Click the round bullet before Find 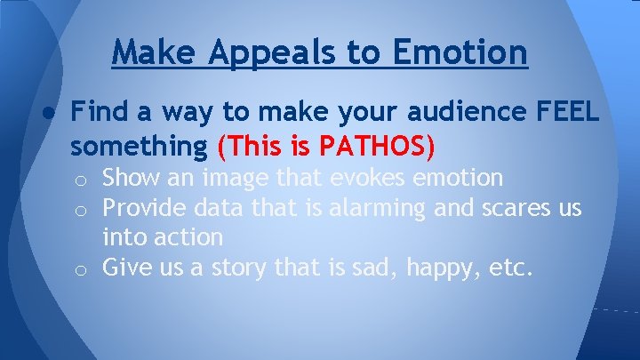point(44,114)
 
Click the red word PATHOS point(374,143)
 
